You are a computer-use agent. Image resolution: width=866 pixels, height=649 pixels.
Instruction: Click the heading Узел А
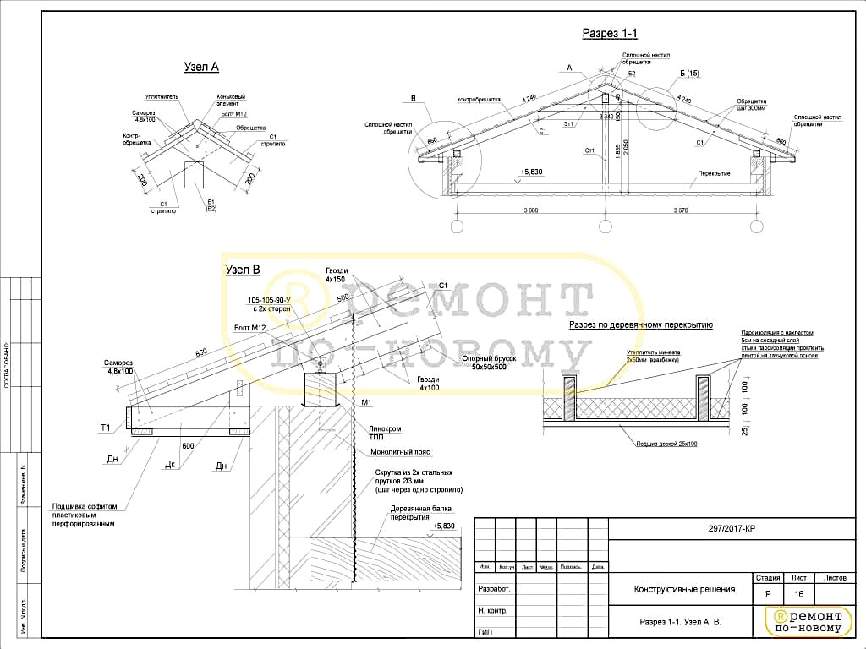(201, 67)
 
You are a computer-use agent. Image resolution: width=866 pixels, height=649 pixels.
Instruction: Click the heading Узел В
(242, 270)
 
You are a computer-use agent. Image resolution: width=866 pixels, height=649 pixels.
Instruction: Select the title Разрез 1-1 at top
(609, 33)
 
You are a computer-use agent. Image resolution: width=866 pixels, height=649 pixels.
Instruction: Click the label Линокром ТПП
(384, 432)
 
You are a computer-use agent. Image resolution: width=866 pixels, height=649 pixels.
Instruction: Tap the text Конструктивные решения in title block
(684, 590)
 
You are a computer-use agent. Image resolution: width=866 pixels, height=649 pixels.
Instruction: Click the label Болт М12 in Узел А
(233, 113)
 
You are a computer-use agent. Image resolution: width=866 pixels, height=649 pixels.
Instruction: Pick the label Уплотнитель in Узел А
(162, 97)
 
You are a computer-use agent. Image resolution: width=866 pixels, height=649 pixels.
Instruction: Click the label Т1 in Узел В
(106, 428)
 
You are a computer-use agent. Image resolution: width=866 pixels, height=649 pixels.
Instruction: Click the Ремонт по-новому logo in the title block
(806, 621)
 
